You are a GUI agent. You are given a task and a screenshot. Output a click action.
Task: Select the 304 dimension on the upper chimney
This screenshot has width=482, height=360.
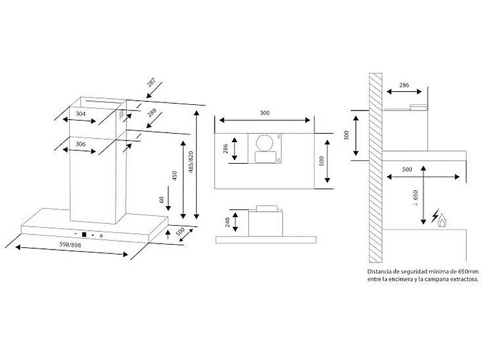[x=80, y=114]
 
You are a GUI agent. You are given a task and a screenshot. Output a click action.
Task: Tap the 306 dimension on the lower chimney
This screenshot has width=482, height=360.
[x=81, y=145]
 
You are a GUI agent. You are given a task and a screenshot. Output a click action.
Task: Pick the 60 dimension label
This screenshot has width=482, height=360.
[x=161, y=201]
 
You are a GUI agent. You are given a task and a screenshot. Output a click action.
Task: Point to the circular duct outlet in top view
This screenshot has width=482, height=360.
[x=265, y=144]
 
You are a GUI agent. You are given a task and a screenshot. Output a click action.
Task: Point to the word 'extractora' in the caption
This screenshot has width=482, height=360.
[x=461, y=279]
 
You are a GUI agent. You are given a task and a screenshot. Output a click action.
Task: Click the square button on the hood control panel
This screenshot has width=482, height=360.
[x=82, y=234]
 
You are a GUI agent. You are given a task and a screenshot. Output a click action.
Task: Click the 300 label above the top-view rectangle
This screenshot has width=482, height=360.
[x=264, y=114]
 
